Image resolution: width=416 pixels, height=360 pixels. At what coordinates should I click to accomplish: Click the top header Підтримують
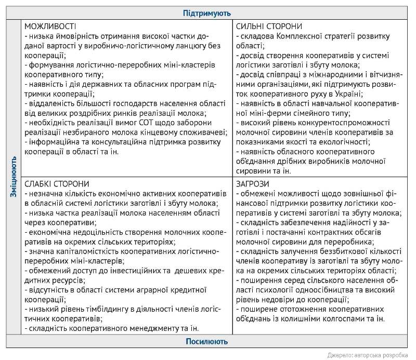coord(207,13)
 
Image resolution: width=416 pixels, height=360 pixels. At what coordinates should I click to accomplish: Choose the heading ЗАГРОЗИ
coord(253,184)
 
